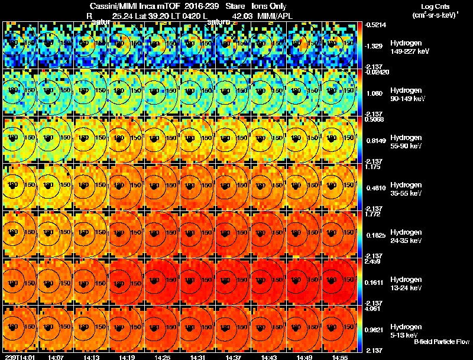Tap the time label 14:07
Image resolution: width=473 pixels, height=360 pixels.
coord(56,356)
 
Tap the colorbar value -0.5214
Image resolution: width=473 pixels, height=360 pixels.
coord(375,25)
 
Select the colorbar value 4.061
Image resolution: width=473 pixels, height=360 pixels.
coord(373,308)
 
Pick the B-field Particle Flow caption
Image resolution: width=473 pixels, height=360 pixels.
coord(441,341)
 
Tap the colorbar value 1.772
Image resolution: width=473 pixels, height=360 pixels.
coord(373,213)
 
